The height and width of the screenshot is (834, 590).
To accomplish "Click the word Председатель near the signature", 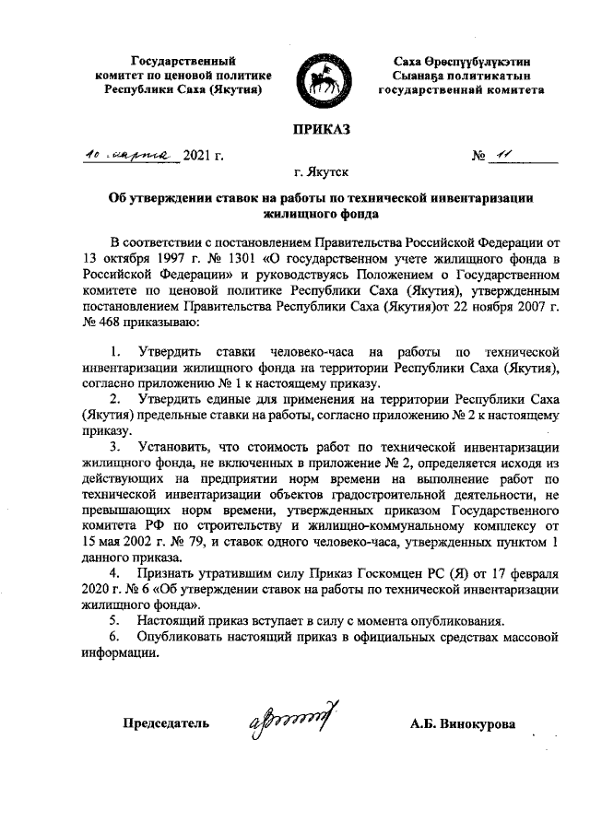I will (x=166, y=723).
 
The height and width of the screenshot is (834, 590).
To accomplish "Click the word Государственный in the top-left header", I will (x=177, y=60).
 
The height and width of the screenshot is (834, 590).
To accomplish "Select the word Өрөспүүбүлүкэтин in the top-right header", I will (x=457, y=60).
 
